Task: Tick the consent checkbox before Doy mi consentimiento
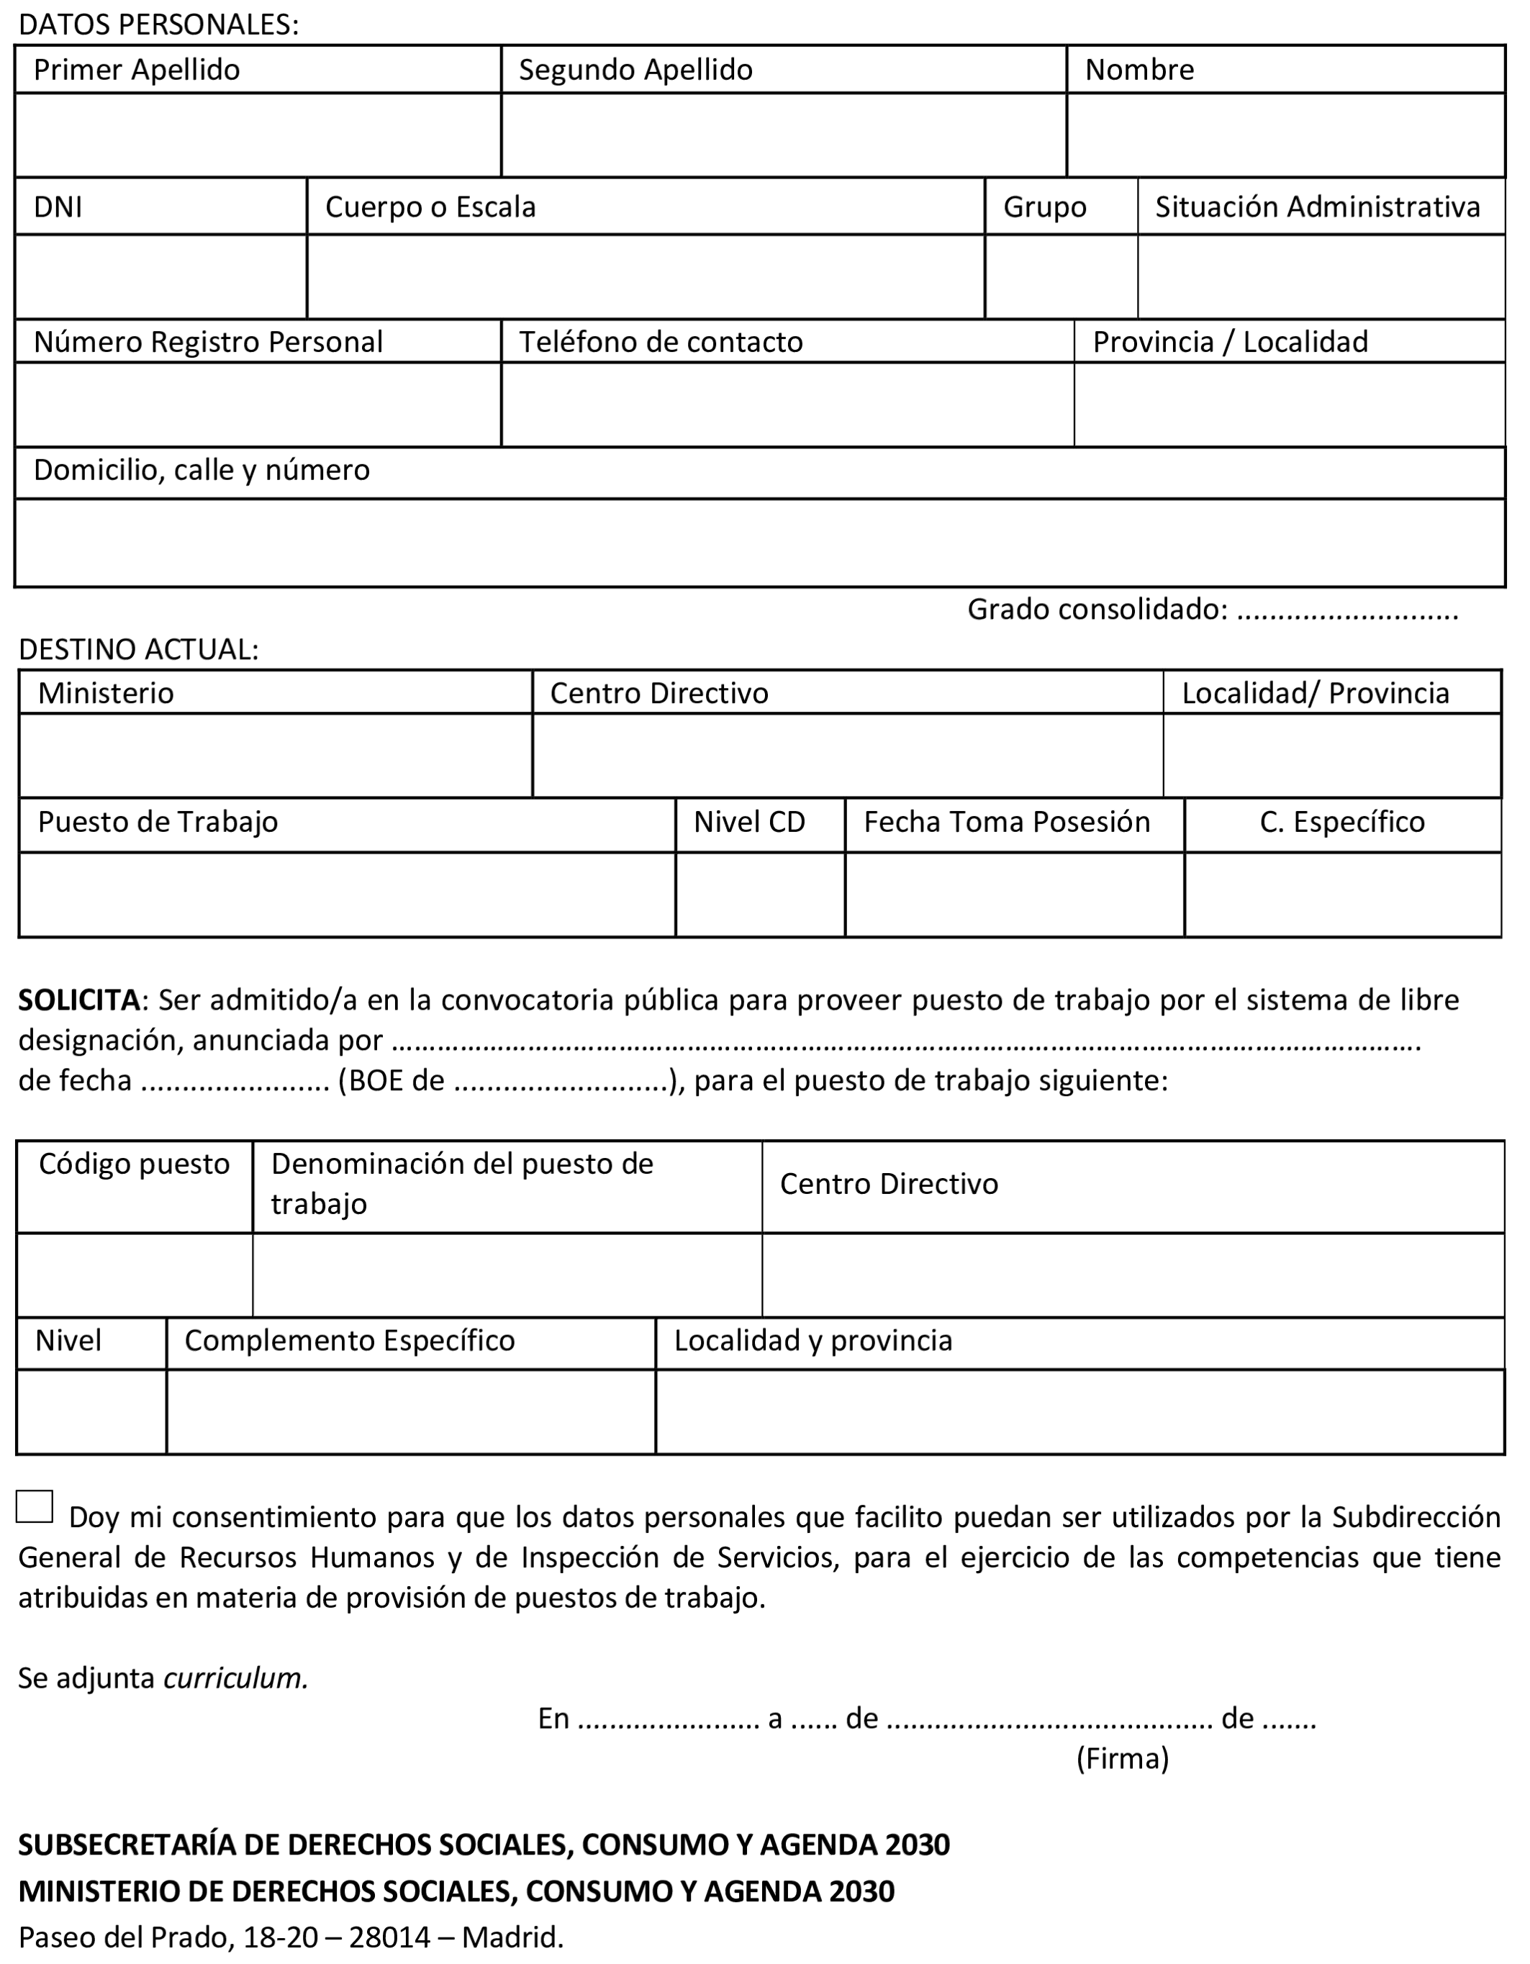click(34, 1506)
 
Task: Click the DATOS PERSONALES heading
click(158, 25)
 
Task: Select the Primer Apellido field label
click(137, 70)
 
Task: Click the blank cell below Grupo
click(1061, 277)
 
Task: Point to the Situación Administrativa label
click(1317, 207)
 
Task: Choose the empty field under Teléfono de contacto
click(787, 404)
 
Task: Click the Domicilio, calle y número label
click(202, 471)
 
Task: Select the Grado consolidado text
click(1097, 610)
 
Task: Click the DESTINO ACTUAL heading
click(138, 649)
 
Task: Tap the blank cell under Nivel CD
click(760, 895)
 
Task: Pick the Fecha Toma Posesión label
click(1007, 822)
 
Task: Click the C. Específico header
click(1342, 822)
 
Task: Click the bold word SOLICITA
click(79, 1000)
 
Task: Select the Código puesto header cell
click(134, 1164)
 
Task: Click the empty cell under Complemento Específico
click(410, 1412)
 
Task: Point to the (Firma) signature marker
click(1122, 1758)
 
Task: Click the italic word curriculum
click(235, 1679)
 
